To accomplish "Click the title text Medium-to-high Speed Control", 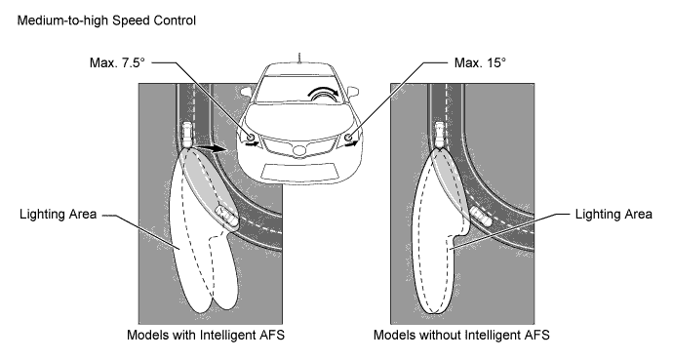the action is coord(106,20).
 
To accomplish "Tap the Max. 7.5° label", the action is coord(117,63).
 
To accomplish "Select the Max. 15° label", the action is coord(480,63).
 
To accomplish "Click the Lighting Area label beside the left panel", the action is coord(58,214).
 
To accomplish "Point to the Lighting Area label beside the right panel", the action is coord(614,214).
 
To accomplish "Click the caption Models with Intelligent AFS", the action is coord(206,335).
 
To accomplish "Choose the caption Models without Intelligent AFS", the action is coord(461,335).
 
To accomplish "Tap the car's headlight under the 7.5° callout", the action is coord(252,138).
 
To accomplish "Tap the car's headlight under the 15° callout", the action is coord(348,138).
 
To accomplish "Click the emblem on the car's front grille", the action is coord(299,151).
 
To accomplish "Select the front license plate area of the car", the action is coord(299,172).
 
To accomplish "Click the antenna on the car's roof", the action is coord(299,59).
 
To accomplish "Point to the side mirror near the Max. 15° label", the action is coord(352,92).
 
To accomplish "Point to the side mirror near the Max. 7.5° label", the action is coord(246,92).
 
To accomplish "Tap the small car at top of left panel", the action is coord(188,136).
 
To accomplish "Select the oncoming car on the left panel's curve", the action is coord(225,215).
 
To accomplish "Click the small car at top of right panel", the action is coord(440,136).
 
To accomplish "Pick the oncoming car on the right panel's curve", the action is coord(481,216).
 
